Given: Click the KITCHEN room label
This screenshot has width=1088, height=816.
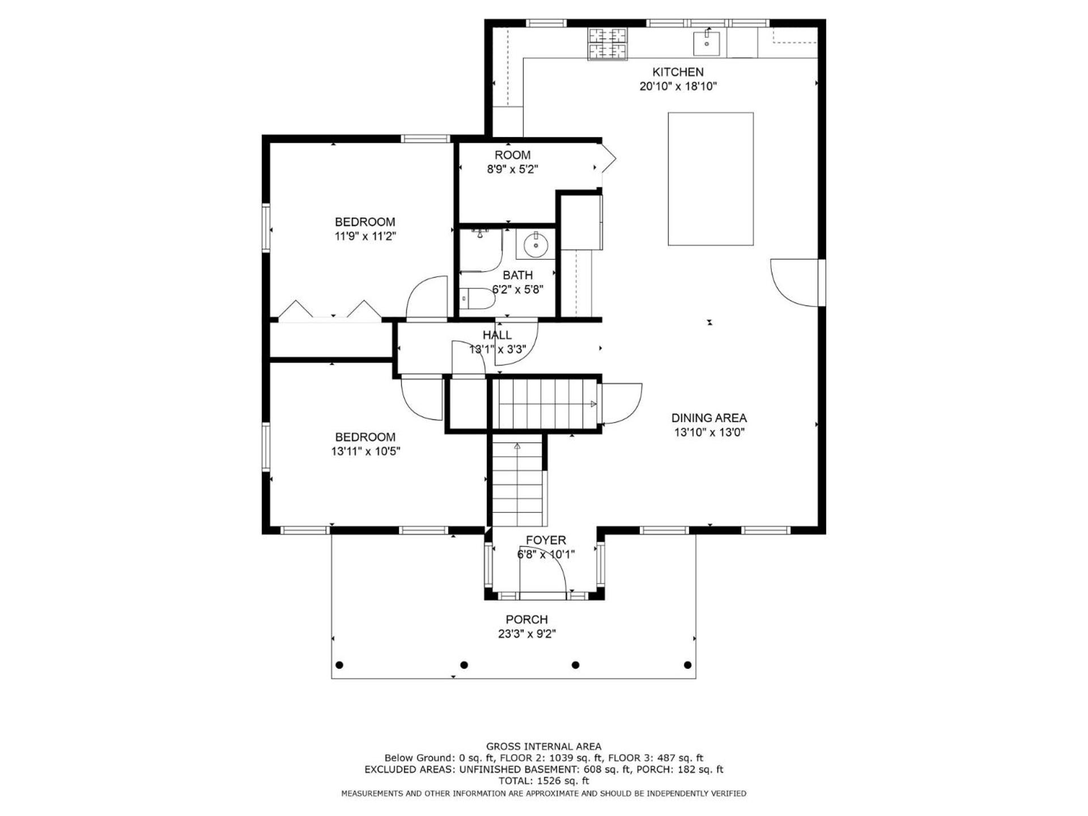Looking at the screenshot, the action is pos(678,72).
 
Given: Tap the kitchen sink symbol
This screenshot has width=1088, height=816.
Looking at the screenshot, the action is pos(707,44).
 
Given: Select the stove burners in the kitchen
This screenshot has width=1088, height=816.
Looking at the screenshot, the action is pos(607,44).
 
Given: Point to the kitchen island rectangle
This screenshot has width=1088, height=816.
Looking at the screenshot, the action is pos(711,179).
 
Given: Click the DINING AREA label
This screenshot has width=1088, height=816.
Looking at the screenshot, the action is pos(709,418).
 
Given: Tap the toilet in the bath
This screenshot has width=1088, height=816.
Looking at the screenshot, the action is pos(477,298).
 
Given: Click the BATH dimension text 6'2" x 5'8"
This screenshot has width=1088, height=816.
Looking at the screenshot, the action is pos(517,290).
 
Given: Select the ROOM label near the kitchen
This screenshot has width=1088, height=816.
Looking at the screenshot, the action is pos(512,155).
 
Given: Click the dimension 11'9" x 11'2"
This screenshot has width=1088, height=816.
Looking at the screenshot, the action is pos(365,236).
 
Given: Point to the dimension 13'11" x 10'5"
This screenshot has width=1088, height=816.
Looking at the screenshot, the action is pos(365,452).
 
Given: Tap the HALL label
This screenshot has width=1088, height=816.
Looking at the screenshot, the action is pos(497,335).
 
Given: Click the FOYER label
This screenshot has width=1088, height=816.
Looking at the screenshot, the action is pos(546,540).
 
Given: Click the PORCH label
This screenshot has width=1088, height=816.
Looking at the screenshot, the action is pos(527,619).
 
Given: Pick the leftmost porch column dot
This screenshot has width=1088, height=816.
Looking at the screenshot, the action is pos(340,665).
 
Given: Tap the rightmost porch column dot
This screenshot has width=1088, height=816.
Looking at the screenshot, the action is pos(688,665).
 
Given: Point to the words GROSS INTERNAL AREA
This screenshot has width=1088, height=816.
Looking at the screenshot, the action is pos(543,746).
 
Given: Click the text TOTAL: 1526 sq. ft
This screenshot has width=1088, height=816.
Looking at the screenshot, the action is pos(543,780).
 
